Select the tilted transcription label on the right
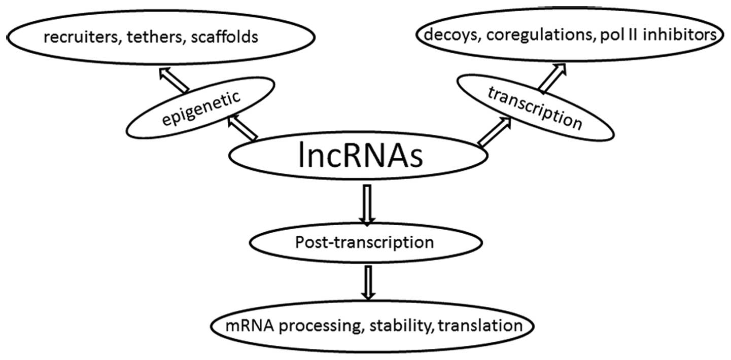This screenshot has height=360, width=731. (534, 107)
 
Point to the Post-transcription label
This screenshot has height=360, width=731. (364, 242)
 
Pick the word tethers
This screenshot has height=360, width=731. (161, 37)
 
